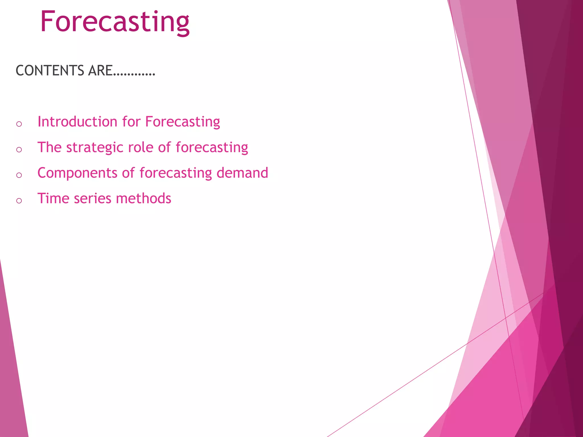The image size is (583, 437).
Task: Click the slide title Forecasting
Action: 115,22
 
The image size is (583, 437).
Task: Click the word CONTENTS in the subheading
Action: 50,71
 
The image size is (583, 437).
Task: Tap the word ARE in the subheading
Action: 100,71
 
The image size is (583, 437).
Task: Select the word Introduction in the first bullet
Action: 77,121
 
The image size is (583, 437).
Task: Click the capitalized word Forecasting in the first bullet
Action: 182,122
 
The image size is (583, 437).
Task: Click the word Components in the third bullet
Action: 77,173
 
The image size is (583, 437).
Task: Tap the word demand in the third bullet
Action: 242,173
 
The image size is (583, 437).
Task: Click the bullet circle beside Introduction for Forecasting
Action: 19,124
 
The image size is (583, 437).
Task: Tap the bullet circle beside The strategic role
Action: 19,149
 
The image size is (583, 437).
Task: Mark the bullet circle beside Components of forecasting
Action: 19,175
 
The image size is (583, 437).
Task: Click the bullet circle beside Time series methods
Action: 19,201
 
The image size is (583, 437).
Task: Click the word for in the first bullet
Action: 131,121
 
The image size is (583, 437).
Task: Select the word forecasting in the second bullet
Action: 212,148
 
